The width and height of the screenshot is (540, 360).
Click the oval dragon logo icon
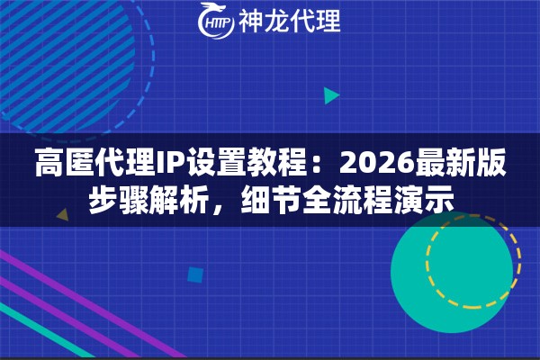[x=216, y=22]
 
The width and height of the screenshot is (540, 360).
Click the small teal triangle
[x=330, y=94]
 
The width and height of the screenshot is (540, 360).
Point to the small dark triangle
[x=62, y=216]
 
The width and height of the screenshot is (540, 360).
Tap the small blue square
[x=194, y=274]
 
